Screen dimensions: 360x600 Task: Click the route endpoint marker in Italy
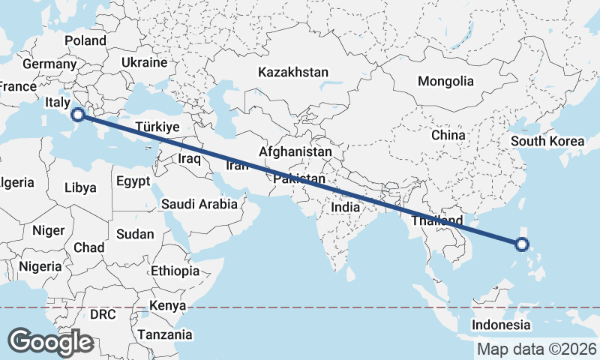77,115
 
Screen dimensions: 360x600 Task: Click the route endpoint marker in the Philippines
522,244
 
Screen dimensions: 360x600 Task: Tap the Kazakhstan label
293,73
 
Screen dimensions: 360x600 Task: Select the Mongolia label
446,81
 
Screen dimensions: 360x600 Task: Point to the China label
448,136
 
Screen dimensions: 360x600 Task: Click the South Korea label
547,141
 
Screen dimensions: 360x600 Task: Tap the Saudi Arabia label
200,203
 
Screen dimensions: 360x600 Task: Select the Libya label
80,187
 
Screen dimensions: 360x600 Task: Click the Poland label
85,40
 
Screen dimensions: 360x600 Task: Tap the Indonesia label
501,325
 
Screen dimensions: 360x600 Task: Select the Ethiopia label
175,271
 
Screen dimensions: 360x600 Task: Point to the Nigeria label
40,266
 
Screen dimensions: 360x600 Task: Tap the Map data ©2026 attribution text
537,349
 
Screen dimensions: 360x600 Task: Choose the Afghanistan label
295,151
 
